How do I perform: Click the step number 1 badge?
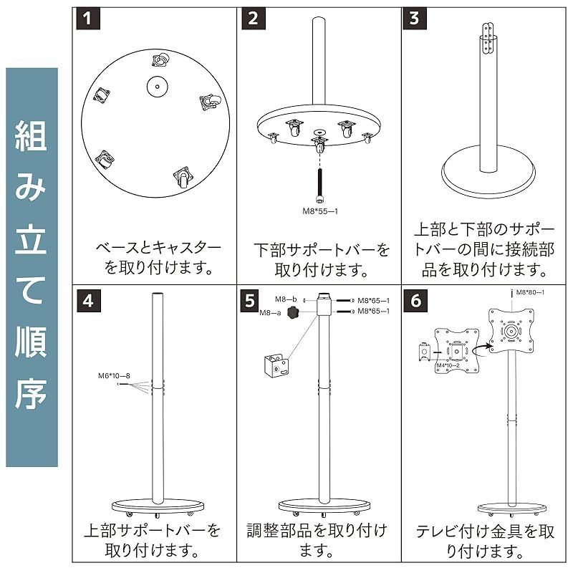tap(87, 19)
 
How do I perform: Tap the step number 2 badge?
tap(254, 19)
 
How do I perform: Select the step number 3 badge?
tap(415, 19)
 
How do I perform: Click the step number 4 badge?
tap(88, 301)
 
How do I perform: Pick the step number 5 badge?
tap(250, 301)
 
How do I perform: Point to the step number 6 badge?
tap(415, 301)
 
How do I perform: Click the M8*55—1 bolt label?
tap(320, 211)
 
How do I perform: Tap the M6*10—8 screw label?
tap(114, 375)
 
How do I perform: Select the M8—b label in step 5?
tap(286, 299)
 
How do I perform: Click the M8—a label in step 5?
tap(271, 313)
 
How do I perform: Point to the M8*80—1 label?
tap(530, 292)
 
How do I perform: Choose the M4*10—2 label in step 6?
tap(448, 366)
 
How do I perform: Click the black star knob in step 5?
tap(293, 312)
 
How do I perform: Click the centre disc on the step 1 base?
tap(157, 87)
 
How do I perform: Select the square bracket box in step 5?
tap(276, 365)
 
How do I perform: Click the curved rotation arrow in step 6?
tap(481, 349)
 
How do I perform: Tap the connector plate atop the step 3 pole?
tap(488, 39)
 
